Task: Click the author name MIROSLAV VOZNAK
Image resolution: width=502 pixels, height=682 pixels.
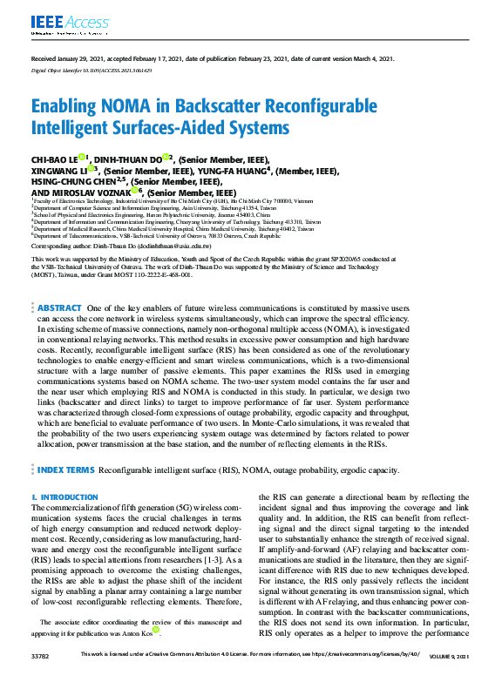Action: tap(95, 192)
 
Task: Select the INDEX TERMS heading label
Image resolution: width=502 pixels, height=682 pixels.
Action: tap(66, 470)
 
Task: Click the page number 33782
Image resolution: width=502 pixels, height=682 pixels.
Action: tap(40, 676)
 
